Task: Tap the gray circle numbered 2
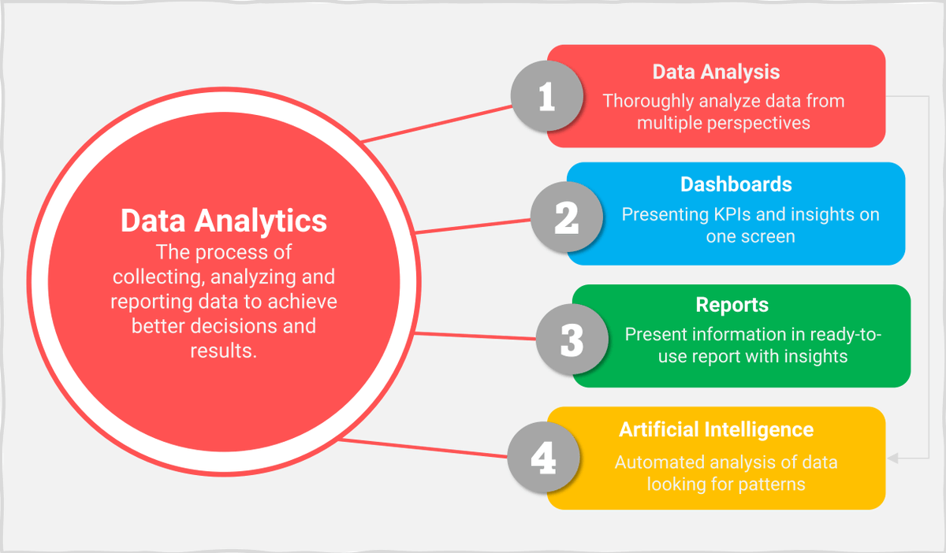coord(566,217)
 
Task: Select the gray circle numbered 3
coord(572,340)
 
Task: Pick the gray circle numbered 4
coord(543,458)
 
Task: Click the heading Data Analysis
coord(716,72)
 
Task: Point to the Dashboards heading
coord(736,184)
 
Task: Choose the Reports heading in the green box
coord(732,305)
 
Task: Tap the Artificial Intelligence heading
coord(716,429)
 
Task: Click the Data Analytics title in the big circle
coord(224,221)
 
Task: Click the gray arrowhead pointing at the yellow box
coord(892,458)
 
